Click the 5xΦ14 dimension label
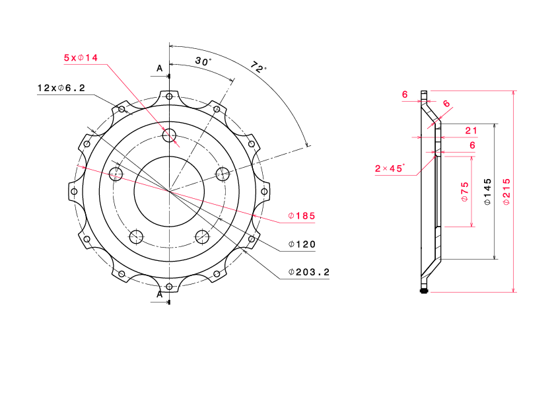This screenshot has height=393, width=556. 81,57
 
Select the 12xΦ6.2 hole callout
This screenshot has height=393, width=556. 61,88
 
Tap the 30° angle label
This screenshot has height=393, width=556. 203,61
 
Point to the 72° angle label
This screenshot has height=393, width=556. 258,67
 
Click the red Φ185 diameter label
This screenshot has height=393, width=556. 301,215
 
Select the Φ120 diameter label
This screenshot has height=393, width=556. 302,244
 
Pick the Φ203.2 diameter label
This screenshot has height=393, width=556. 309,272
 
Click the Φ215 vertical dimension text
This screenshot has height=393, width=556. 506,192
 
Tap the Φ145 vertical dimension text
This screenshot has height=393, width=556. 487,192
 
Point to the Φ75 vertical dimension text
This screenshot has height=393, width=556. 464,192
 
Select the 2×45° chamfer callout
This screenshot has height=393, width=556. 390,168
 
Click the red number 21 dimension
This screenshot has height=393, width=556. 471,131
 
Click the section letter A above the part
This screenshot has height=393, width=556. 160,68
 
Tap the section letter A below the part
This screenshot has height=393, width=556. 160,295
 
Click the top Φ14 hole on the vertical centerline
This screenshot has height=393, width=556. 169,135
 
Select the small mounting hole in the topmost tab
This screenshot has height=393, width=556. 169,96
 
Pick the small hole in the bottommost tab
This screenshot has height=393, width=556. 169,287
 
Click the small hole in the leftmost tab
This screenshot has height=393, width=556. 74,192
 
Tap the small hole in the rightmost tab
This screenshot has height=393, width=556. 264,192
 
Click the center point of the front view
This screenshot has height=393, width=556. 169,192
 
